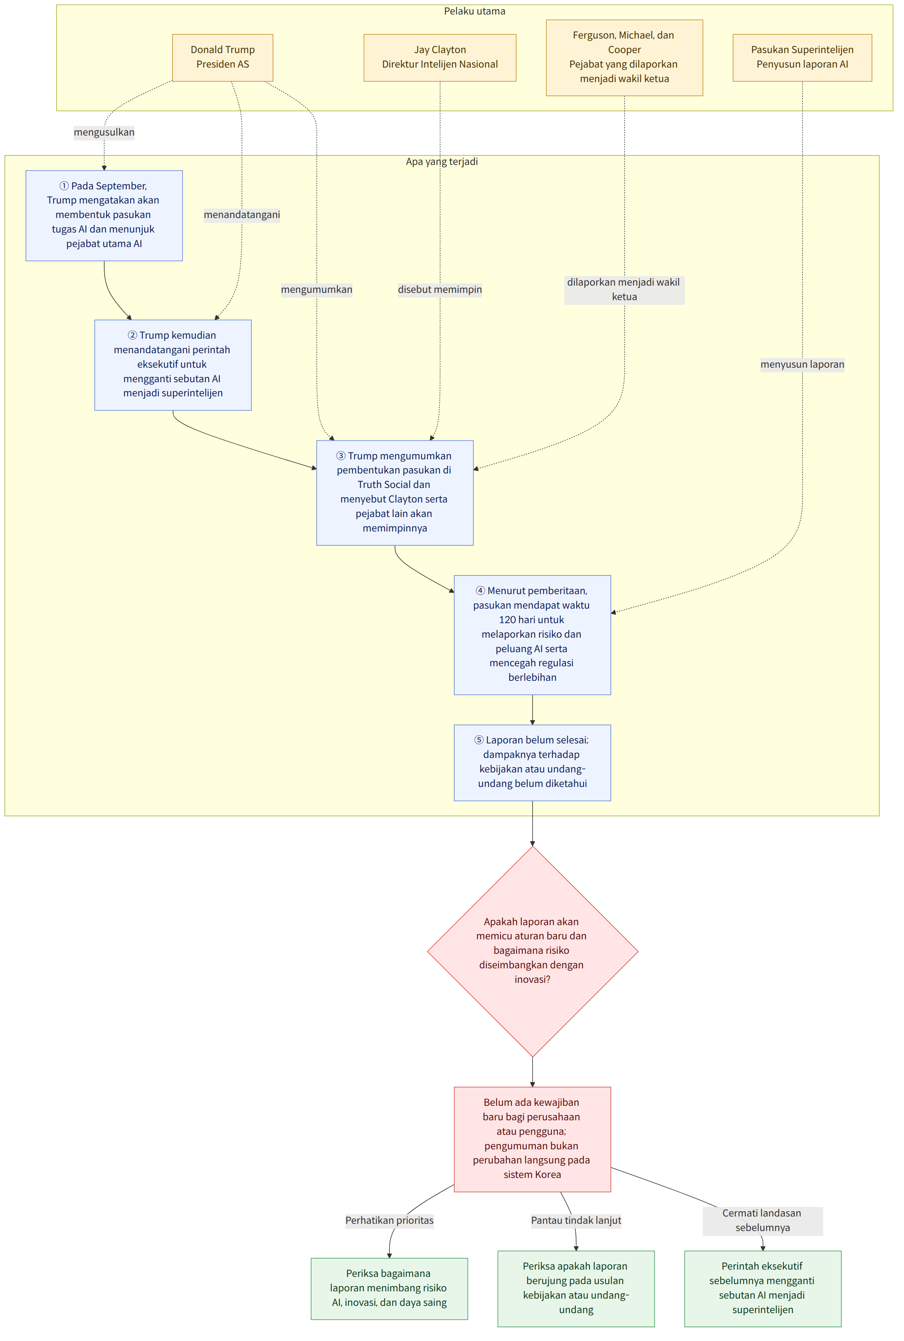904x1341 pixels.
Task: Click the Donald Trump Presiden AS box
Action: click(223, 58)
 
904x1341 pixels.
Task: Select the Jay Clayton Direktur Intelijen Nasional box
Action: click(440, 58)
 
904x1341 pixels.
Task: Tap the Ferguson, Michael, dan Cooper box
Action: click(625, 58)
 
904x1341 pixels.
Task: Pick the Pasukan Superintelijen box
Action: click(802, 58)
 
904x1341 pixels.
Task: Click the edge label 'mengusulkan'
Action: click(104, 132)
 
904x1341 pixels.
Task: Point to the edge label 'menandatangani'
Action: click(242, 215)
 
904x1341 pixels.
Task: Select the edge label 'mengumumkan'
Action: click(316, 289)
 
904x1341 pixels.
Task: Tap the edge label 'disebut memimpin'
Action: click(440, 289)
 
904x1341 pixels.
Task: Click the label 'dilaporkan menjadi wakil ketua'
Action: click(625, 289)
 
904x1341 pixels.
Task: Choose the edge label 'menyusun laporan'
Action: click(802, 364)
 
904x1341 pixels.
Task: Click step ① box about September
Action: click(104, 216)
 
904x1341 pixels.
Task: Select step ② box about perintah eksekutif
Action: click(173, 365)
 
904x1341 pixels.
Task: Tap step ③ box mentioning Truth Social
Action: click(395, 493)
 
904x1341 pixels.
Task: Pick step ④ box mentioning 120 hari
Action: click(532, 635)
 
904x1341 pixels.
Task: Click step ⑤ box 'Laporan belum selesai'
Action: click(532, 763)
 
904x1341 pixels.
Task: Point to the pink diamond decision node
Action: click(532, 951)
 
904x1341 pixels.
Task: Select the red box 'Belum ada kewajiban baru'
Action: click(532, 1139)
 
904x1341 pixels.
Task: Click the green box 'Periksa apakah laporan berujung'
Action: click(576, 1289)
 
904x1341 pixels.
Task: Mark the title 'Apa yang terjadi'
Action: click(442, 162)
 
